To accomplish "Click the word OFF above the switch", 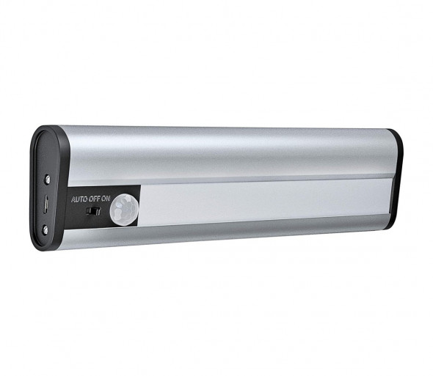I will point(94,199).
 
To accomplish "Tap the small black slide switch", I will point(94,211).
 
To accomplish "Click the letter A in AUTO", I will point(73,199).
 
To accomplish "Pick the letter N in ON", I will point(109,199).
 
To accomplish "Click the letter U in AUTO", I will point(76,199).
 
